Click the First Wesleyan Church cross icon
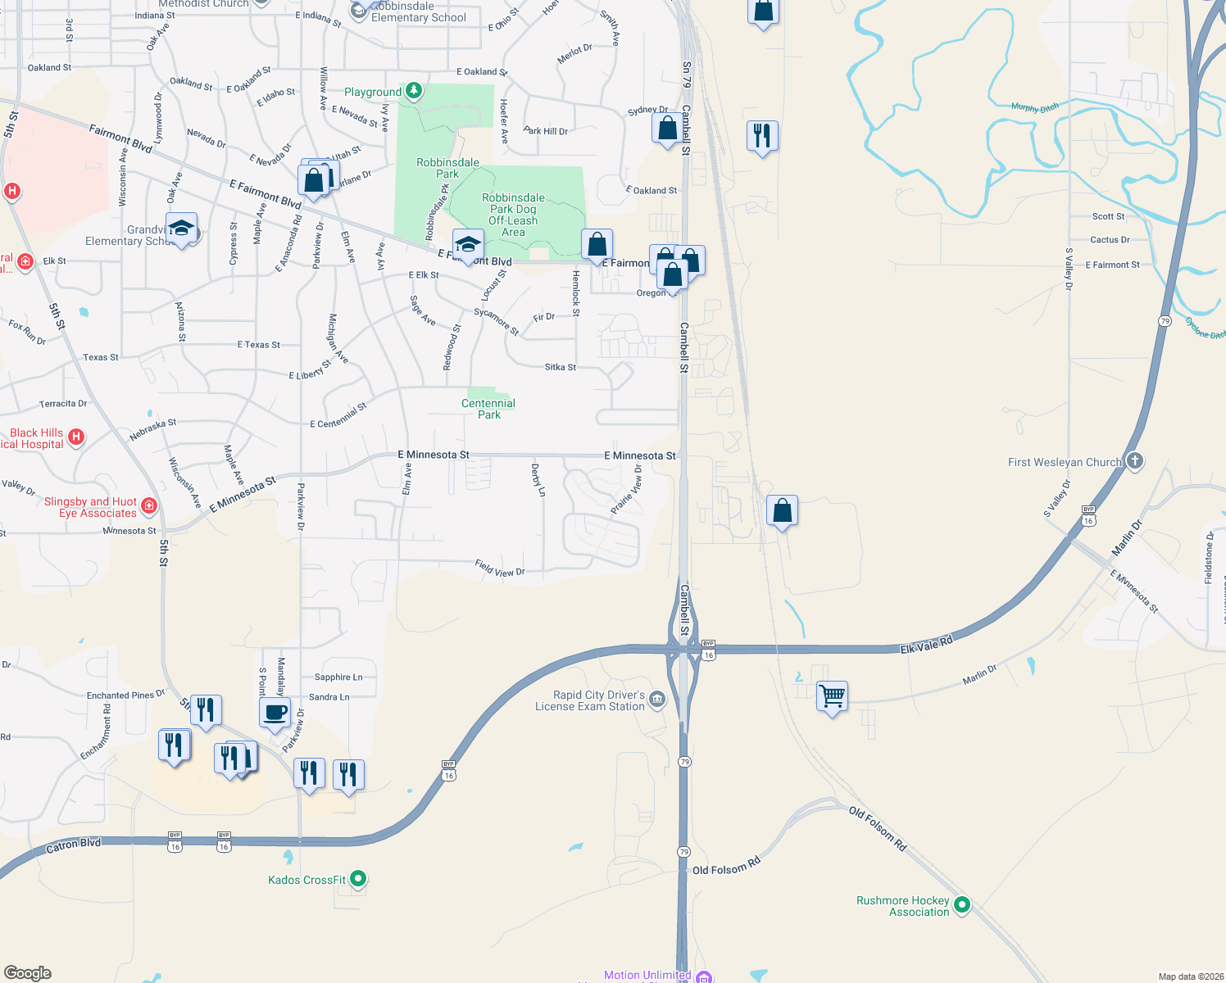pos(1134,460)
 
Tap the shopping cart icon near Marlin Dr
pos(832,696)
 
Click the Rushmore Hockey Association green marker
pos(962,905)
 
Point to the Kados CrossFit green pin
pos(358,879)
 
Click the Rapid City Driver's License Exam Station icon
pos(657,699)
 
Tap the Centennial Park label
pos(488,409)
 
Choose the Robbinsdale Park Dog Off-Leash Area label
pos(513,215)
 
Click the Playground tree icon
pos(414,91)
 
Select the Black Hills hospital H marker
pos(76,437)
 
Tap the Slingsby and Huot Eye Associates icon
pos(149,505)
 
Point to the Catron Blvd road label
pos(73,845)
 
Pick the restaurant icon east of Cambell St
pos(762,135)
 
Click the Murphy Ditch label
pos(1034,107)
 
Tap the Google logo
pos(28,972)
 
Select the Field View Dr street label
pos(499,568)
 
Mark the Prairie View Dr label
pos(626,490)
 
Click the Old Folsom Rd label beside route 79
pos(726,866)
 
